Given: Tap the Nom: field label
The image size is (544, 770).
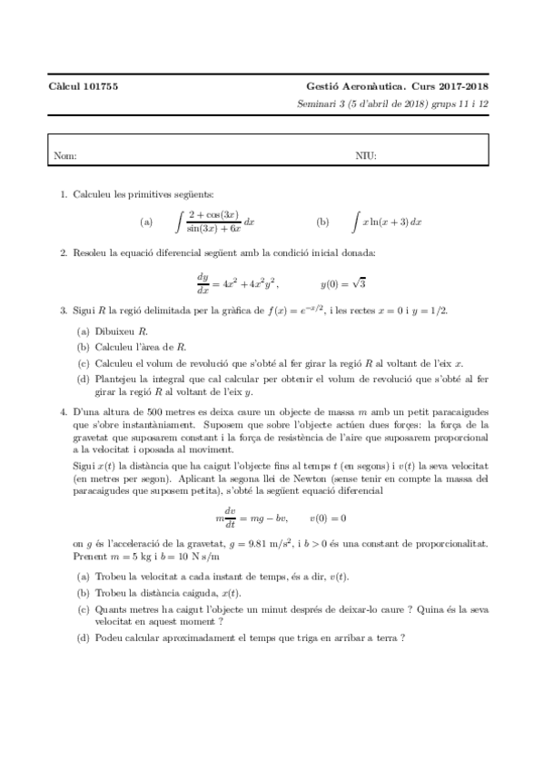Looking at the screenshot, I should [x=64, y=156].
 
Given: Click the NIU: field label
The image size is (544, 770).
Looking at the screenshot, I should [x=365, y=156].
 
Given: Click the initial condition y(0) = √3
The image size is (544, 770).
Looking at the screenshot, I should [x=342, y=282].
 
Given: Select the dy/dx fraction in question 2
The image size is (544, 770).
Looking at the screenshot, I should [x=203, y=282].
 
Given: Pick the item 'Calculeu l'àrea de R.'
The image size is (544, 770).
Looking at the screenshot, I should [x=140, y=346].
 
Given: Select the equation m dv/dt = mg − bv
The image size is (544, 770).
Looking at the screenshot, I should [x=252, y=518].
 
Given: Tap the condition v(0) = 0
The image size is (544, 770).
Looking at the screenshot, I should [x=328, y=518].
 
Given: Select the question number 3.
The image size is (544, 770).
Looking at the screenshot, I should [x=63, y=311].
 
